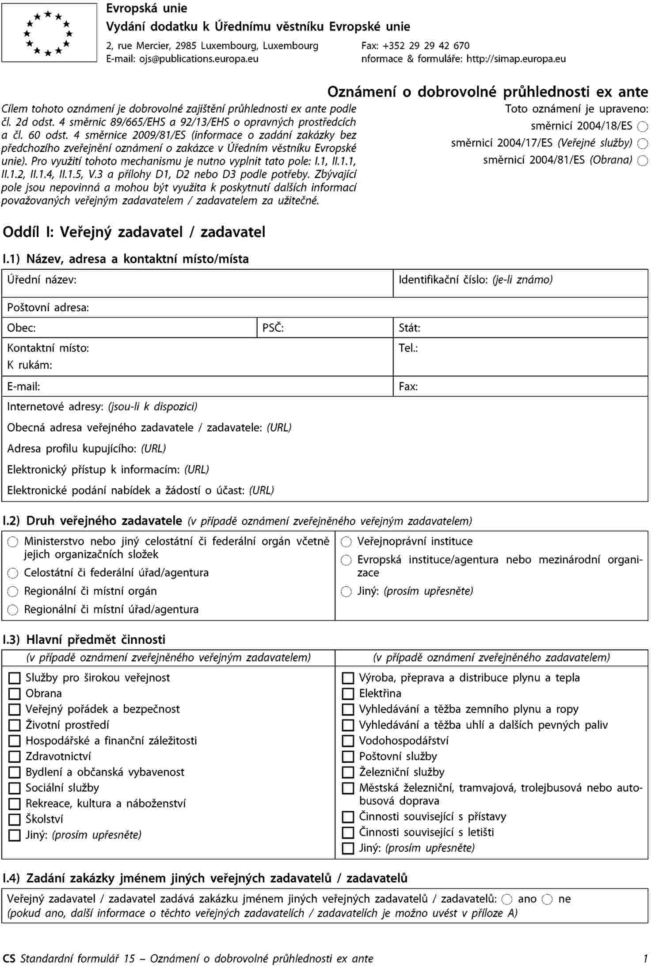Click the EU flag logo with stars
49,33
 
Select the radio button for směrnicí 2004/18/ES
643,127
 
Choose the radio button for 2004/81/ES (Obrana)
643,161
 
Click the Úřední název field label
42,280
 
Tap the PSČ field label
273,328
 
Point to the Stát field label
409,328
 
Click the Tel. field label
408,348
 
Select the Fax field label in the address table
408,387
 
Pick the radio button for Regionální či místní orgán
13,592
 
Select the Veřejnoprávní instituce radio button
346,542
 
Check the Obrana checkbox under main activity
15,694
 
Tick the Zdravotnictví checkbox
15,757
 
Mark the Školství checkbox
15,819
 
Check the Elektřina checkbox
348,694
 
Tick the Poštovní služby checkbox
348,757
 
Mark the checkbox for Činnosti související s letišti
348,833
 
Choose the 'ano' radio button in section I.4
507,899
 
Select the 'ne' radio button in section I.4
548,899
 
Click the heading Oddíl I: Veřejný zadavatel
134,232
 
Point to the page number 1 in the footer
646,959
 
